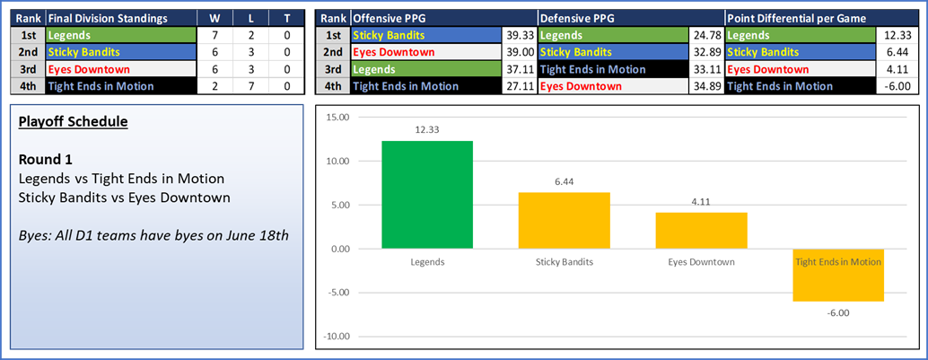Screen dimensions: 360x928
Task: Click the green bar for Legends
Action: [x=427, y=195]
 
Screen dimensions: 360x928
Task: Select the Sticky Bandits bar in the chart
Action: [x=564, y=221]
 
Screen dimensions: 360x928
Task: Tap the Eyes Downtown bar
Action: [x=700, y=231]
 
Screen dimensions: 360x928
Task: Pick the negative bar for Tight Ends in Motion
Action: [x=837, y=275]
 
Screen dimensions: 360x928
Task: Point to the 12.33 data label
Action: [x=427, y=130]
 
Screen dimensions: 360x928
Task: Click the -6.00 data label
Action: [x=837, y=312]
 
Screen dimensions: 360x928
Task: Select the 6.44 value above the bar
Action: [x=564, y=181]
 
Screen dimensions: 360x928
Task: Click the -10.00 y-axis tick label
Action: [x=337, y=337]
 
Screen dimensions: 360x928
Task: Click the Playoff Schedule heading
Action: [x=73, y=121]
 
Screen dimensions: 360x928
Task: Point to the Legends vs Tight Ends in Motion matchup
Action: [x=121, y=179]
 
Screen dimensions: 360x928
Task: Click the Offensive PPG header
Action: [x=390, y=18]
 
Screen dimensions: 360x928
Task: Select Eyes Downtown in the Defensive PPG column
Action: [x=580, y=86]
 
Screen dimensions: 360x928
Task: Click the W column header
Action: [x=214, y=18]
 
